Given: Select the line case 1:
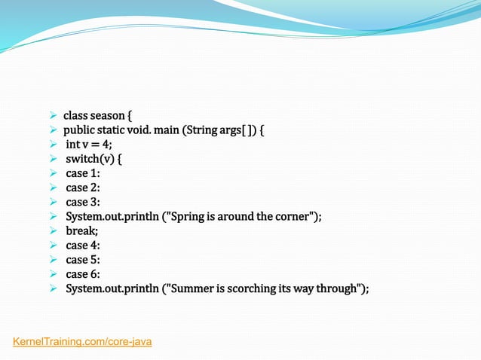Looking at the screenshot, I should (x=83, y=173).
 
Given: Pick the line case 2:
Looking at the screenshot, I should (x=83, y=188).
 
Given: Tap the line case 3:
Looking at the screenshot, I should (x=83, y=202).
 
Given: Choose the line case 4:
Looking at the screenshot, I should (x=83, y=245).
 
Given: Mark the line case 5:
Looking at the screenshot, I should (x=83, y=259).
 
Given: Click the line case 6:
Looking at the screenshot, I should (x=83, y=274).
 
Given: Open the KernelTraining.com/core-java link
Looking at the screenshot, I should (x=83, y=342).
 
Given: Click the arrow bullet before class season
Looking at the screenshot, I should (x=54, y=116).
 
